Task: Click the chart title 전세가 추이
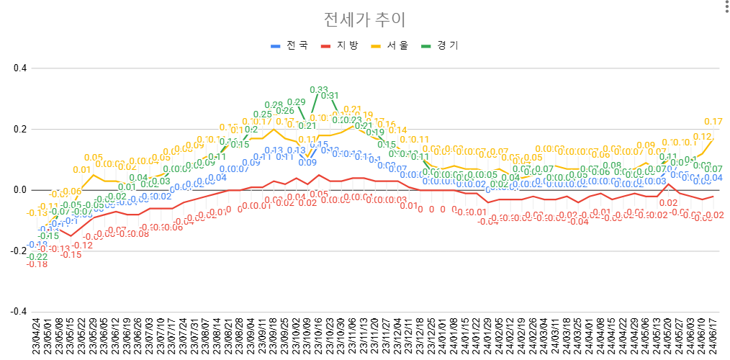(x=365, y=19)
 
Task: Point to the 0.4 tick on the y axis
(x=19, y=68)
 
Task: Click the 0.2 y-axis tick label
(x=19, y=130)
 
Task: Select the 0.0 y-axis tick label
(x=19, y=190)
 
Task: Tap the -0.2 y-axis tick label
(x=18, y=251)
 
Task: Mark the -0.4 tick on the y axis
(x=18, y=312)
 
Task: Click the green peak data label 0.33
(x=319, y=90)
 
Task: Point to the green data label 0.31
(x=330, y=96)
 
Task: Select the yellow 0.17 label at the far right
(x=713, y=122)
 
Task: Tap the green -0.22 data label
(x=37, y=257)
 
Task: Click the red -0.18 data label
(x=37, y=265)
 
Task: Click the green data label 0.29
(x=297, y=102)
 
